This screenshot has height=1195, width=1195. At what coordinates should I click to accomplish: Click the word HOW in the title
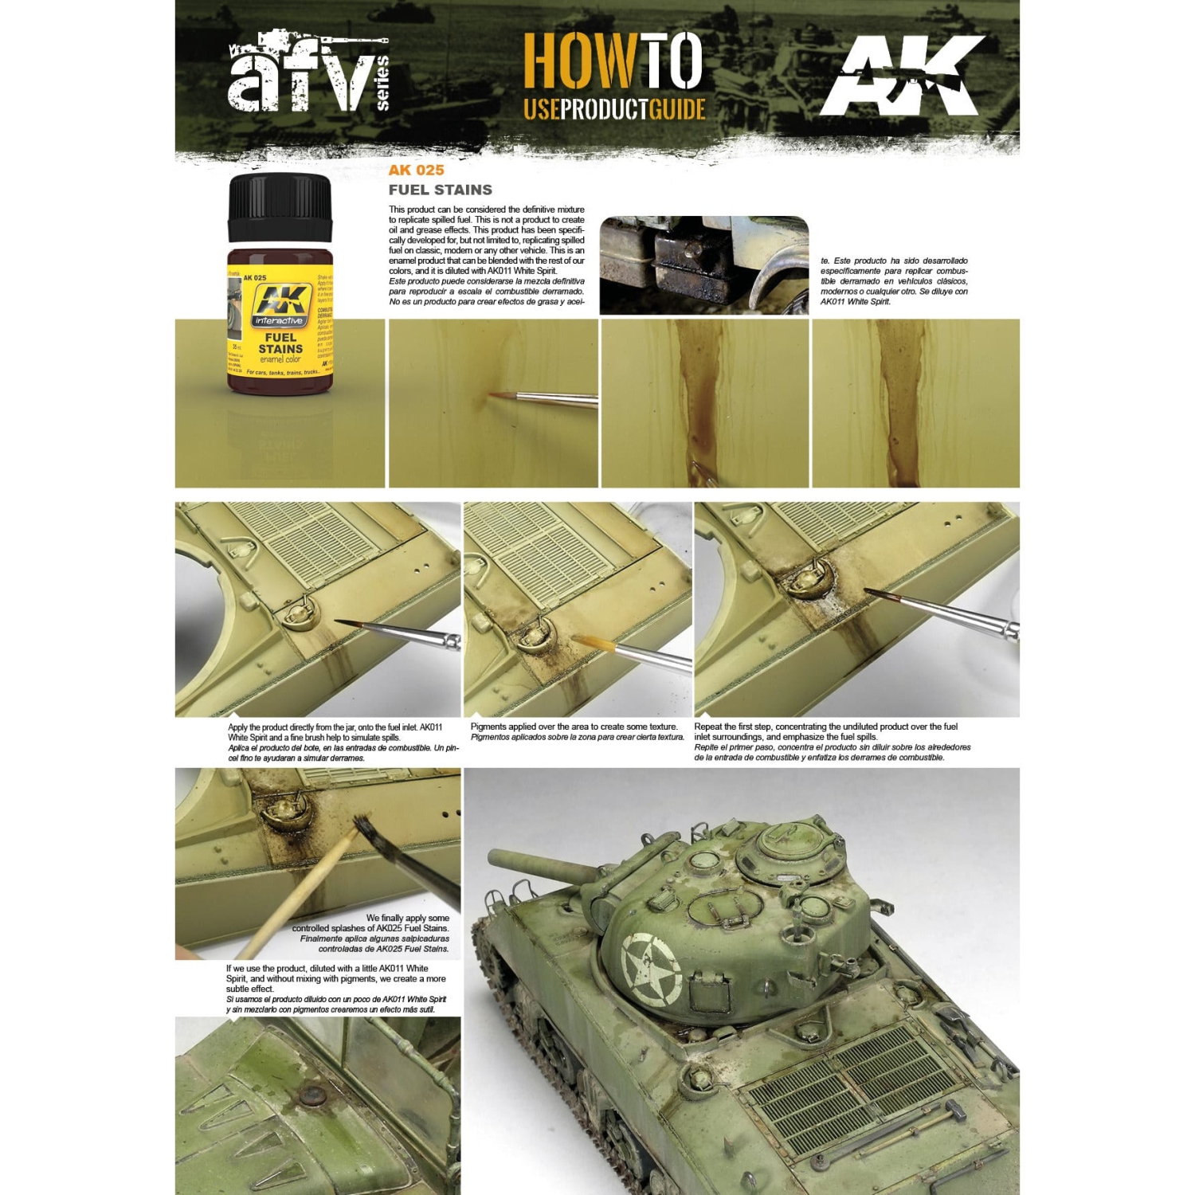click(x=580, y=62)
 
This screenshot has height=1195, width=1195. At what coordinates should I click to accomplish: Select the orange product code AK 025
click(x=416, y=170)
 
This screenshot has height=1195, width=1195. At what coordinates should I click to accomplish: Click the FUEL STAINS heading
click(x=440, y=190)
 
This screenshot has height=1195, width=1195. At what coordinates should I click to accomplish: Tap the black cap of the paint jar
click(x=280, y=207)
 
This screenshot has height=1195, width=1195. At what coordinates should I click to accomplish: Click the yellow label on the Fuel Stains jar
click(x=280, y=327)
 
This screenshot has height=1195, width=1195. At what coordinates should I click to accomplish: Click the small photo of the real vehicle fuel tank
click(x=703, y=264)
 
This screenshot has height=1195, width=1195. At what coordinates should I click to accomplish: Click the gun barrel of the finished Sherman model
click(x=542, y=867)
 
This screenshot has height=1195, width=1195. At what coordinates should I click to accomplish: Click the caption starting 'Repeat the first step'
click(x=829, y=741)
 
